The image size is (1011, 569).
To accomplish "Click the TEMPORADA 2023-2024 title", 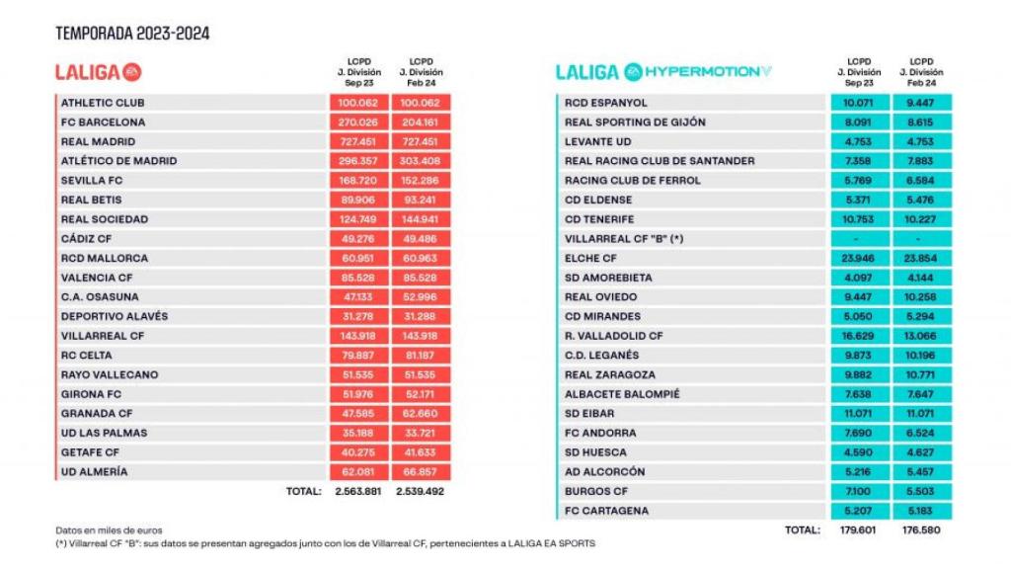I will click(132, 34).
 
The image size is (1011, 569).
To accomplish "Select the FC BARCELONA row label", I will click(103, 122).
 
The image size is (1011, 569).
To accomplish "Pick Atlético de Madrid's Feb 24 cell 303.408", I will click(421, 161).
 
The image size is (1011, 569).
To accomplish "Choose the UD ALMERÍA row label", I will click(94, 472).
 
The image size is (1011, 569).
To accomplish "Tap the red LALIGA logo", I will click(99, 72).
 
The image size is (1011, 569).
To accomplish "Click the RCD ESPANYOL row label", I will click(606, 103).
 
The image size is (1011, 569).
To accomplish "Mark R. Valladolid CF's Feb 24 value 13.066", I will click(921, 336).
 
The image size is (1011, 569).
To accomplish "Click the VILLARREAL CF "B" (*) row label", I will click(625, 238).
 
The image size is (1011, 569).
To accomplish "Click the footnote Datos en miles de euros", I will click(109, 530).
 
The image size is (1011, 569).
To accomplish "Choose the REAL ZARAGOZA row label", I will click(609, 374).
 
